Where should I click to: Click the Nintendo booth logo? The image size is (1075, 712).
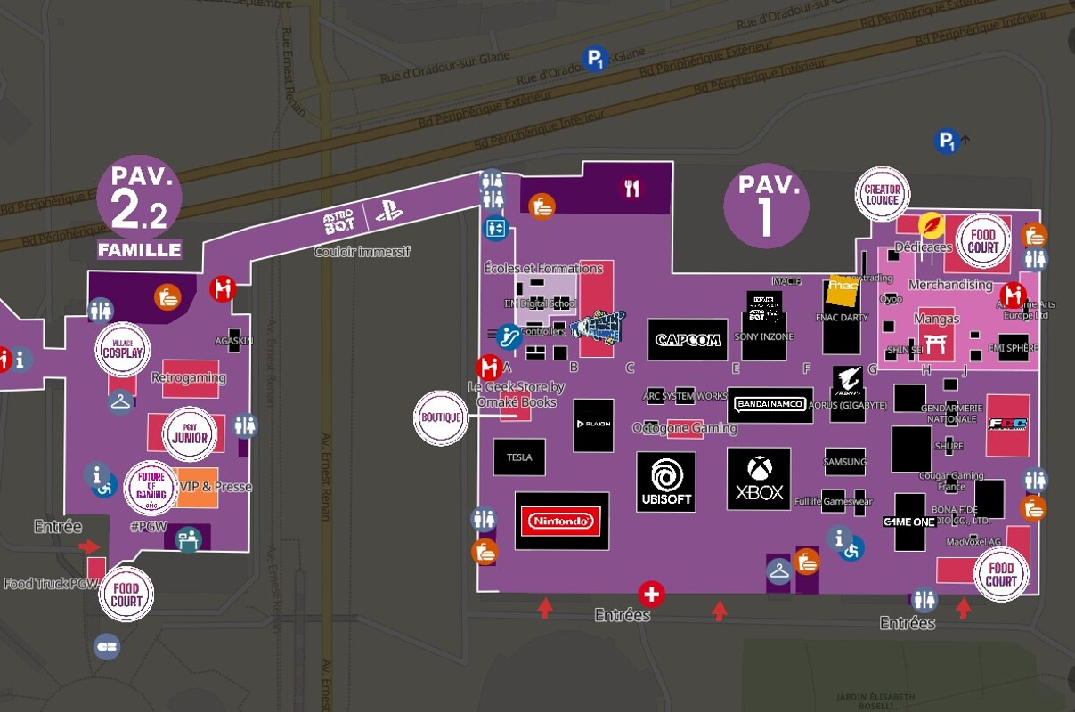(561, 521)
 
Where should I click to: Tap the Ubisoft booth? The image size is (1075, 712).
(665, 481)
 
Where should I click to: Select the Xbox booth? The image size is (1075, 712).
(759, 479)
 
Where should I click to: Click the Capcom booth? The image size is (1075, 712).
(688, 339)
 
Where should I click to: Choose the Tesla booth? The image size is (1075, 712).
(519, 457)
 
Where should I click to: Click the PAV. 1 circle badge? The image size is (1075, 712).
(766, 206)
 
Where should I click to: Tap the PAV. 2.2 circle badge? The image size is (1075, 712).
(140, 201)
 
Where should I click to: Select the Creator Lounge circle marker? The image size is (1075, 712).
(883, 194)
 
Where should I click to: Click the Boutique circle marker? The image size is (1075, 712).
(441, 417)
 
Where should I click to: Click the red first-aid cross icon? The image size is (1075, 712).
(652, 594)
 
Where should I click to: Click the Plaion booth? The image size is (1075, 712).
(593, 425)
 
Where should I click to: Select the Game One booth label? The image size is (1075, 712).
(909, 522)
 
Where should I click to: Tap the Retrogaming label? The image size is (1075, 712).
(189, 377)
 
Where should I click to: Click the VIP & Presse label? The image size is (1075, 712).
(216, 487)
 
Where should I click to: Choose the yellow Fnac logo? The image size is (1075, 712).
(843, 287)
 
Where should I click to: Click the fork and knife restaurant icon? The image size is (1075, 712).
(632, 188)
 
